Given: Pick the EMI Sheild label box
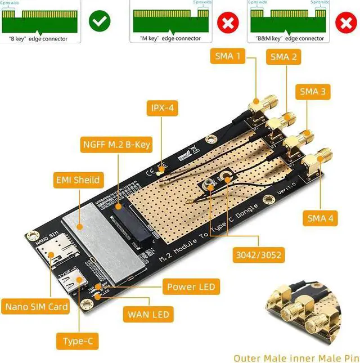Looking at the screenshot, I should pos(79,180).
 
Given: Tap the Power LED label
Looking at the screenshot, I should pos(191,287).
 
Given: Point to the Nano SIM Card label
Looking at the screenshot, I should pos(37,307).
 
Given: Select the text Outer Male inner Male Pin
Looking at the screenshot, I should pos(296,357).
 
